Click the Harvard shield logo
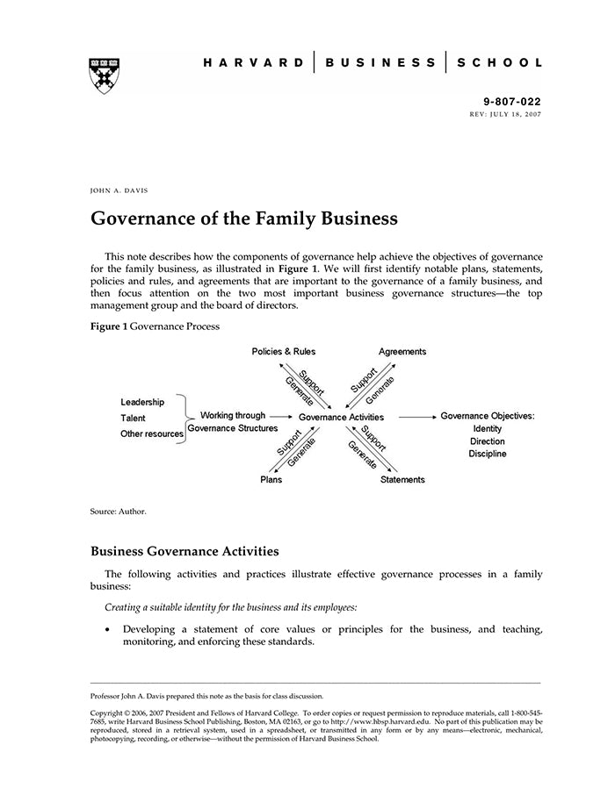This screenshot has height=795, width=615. (x=105, y=75)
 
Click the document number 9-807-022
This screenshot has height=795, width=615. (x=513, y=102)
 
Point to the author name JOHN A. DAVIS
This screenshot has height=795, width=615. (x=119, y=190)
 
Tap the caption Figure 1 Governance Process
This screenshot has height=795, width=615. (x=155, y=326)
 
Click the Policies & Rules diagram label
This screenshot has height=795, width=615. (x=283, y=352)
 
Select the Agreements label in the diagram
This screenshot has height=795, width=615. (x=402, y=352)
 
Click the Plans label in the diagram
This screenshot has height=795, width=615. (x=271, y=480)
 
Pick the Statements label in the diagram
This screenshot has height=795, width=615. (x=402, y=480)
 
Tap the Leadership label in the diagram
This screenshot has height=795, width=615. (x=142, y=402)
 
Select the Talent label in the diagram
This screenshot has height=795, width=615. (x=133, y=419)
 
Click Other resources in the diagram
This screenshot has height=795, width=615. (x=151, y=434)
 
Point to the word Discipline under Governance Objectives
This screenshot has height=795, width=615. (x=488, y=454)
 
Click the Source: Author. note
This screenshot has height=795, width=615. (x=118, y=511)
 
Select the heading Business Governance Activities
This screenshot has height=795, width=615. (x=184, y=552)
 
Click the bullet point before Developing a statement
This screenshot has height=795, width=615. (x=107, y=630)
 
